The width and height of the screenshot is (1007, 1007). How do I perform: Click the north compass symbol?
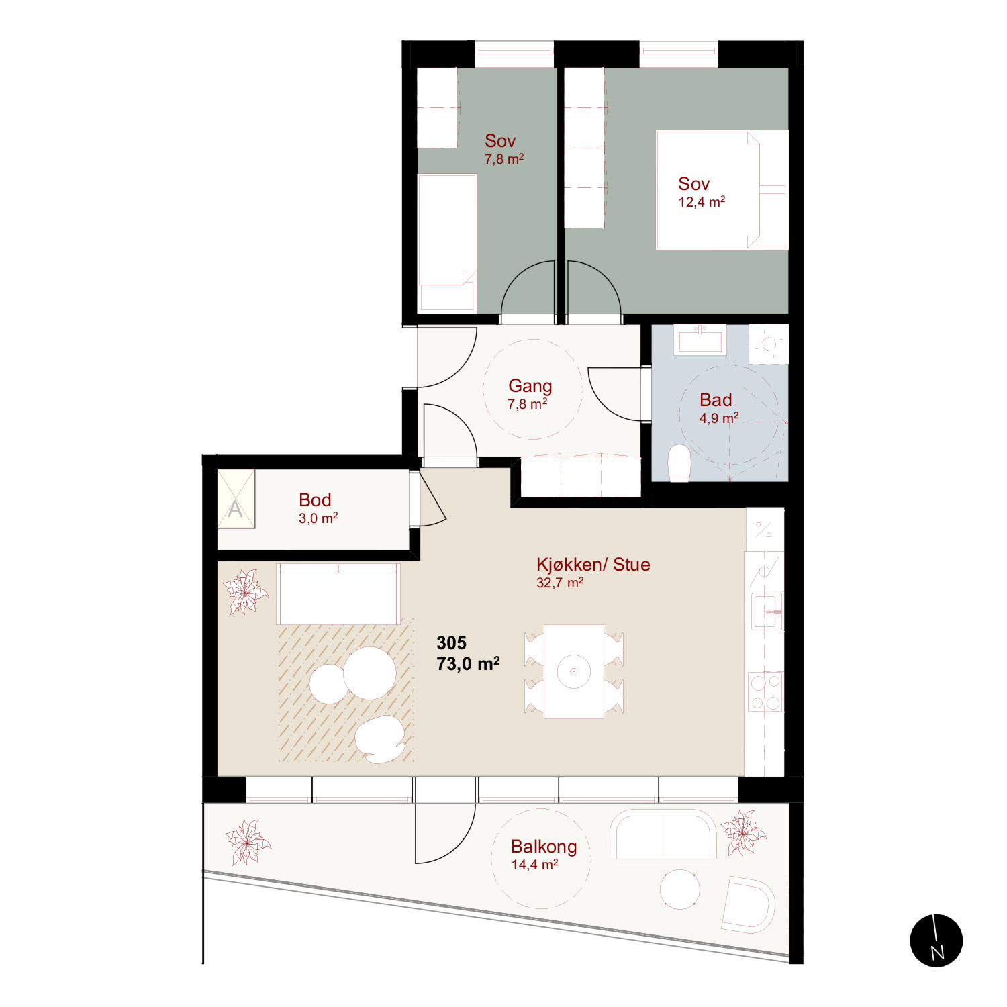(936, 940)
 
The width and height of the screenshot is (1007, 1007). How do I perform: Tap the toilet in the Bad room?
(679, 463)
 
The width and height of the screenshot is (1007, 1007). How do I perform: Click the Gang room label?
(530, 386)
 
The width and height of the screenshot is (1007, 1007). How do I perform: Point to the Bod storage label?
(315, 500)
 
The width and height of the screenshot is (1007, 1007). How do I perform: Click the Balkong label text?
(544, 847)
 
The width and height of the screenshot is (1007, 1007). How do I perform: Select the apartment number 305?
(451, 643)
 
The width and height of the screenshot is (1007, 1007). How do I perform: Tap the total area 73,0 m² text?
(468, 664)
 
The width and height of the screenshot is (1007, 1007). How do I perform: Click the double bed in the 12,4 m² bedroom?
(721, 190)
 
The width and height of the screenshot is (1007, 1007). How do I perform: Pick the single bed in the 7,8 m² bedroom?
(447, 243)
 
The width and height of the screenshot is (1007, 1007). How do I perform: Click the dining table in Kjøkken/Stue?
(574, 671)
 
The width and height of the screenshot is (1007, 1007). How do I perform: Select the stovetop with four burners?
(765, 692)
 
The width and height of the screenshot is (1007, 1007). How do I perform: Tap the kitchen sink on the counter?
(767, 611)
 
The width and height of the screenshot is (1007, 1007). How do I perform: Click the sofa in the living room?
(338, 594)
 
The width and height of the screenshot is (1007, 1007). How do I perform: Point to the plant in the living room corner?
(246, 591)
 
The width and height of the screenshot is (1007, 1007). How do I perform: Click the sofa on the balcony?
(663, 834)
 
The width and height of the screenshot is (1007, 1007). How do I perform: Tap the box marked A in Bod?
(236, 499)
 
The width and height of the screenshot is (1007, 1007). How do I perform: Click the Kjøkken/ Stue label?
(593, 565)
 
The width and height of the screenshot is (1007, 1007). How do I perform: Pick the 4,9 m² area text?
(719, 418)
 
